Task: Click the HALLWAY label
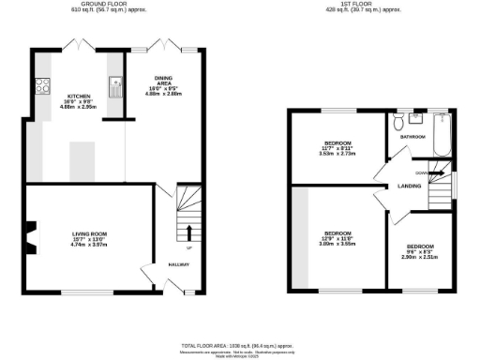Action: click(178, 265)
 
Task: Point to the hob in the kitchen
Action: click(41, 88)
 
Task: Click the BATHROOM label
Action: click(413, 137)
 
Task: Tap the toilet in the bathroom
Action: click(399, 123)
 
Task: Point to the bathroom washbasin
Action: click(416, 121)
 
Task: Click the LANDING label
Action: click(410, 186)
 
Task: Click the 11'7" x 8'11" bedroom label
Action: click(336, 145)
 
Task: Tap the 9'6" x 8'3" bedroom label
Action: click(421, 250)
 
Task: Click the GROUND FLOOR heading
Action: click(103, 4)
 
